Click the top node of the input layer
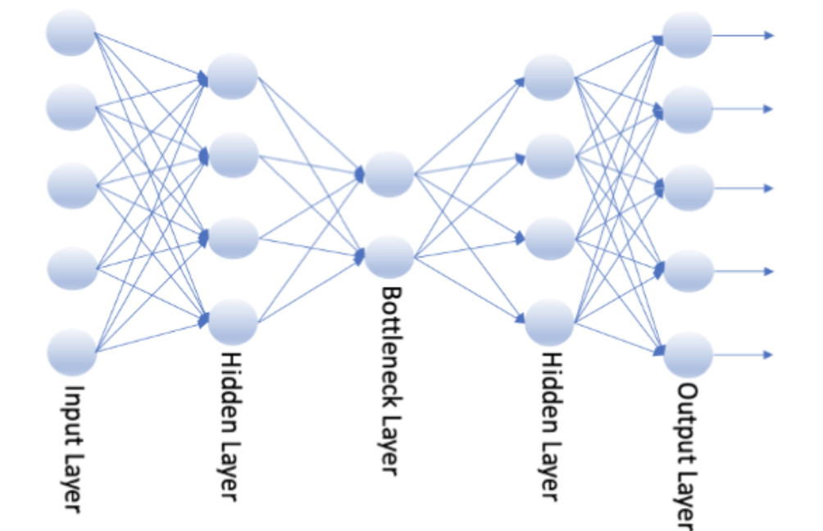pyautogui.click(x=71, y=33)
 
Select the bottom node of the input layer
pyautogui.click(x=72, y=352)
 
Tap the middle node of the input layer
pyautogui.click(x=72, y=185)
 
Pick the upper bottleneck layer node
pyautogui.click(x=389, y=174)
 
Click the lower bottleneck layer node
pyautogui.click(x=389, y=256)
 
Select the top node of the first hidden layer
pyautogui.click(x=233, y=76)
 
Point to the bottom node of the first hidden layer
pyautogui.click(x=233, y=321)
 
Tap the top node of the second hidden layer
pyautogui.click(x=549, y=77)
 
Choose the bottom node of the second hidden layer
pyautogui.click(x=549, y=322)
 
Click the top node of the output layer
pyautogui.click(x=687, y=34)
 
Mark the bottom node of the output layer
pyautogui.click(x=688, y=354)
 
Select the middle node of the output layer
pyautogui.click(x=688, y=188)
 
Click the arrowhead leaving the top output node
pyautogui.click(x=769, y=35)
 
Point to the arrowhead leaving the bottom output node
pyautogui.click(x=769, y=355)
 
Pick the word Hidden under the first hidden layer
pyautogui.click(x=230, y=384)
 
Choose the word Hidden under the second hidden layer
pyautogui.click(x=548, y=384)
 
